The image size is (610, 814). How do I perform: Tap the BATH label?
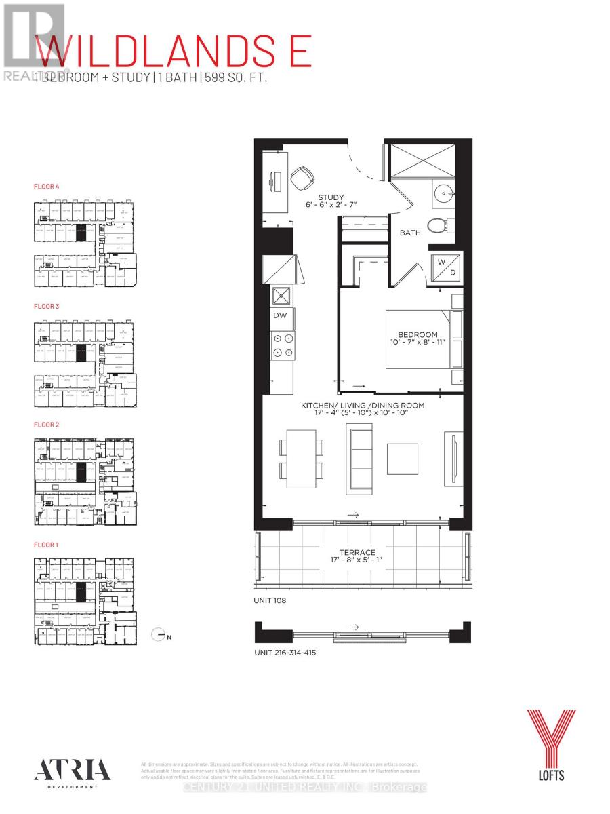tap(409, 233)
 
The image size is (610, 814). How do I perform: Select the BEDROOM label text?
tap(418, 334)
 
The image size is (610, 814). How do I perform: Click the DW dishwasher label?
tap(280, 315)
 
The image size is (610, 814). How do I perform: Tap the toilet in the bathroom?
tap(441, 227)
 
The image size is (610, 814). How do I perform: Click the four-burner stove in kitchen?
tap(283, 345)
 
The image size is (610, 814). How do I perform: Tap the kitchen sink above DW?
tap(281, 295)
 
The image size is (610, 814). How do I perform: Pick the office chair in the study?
tap(302, 179)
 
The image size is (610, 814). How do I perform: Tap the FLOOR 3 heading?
tap(47, 307)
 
